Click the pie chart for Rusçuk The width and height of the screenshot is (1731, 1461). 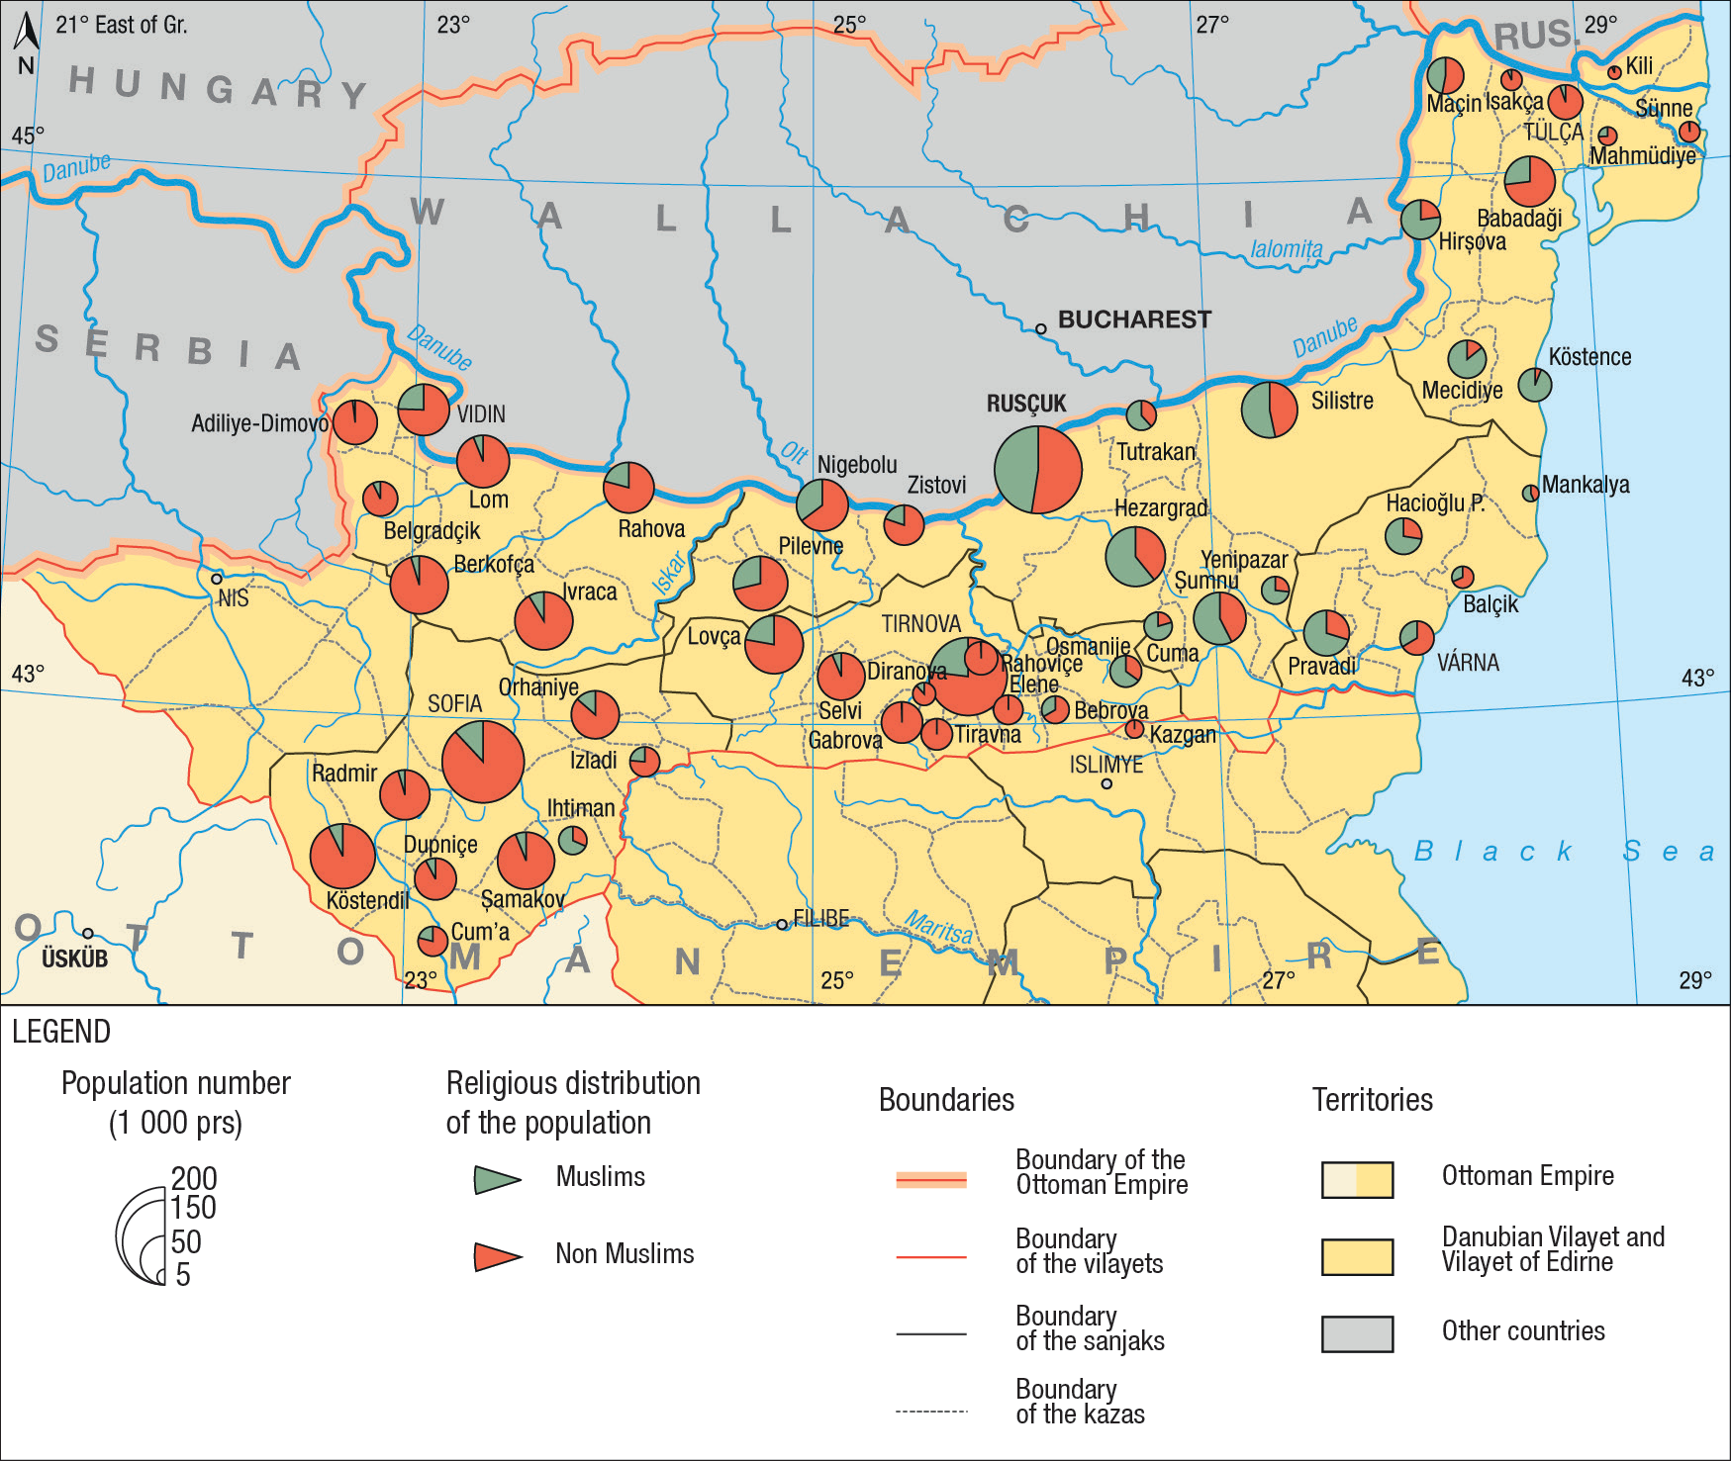(x=1037, y=469)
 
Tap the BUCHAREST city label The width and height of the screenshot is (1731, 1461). (x=1134, y=320)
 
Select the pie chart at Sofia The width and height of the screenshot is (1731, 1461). (x=482, y=761)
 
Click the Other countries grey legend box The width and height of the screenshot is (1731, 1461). (x=1357, y=1333)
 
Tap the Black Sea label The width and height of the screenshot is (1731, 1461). (x=1562, y=852)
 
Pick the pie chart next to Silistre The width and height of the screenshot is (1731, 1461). (x=1269, y=409)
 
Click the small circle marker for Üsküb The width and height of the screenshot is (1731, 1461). (x=88, y=933)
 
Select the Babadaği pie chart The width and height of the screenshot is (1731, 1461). (x=1529, y=181)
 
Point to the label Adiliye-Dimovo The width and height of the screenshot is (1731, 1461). (x=259, y=423)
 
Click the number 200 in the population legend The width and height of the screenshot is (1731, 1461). (x=194, y=1178)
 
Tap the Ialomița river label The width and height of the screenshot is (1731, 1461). (x=1286, y=249)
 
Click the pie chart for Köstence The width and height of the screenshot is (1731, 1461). (x=1534, y=384)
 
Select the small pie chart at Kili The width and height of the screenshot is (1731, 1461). (x=1614, y=72)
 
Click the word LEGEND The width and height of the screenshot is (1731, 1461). (x=61, y=1032)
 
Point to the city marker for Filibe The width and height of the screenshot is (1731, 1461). (x=782, y=924)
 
